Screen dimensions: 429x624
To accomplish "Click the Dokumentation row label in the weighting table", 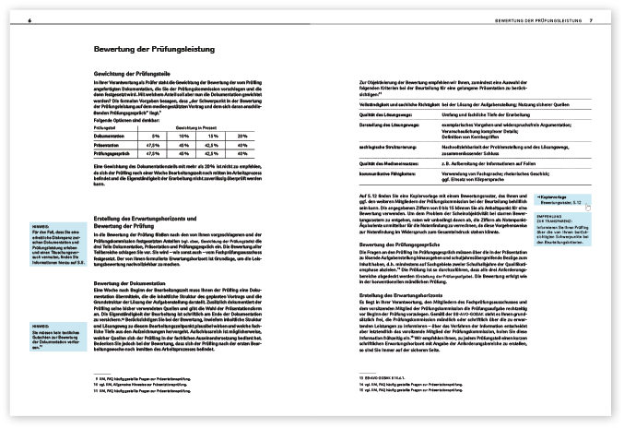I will point(114,136).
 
